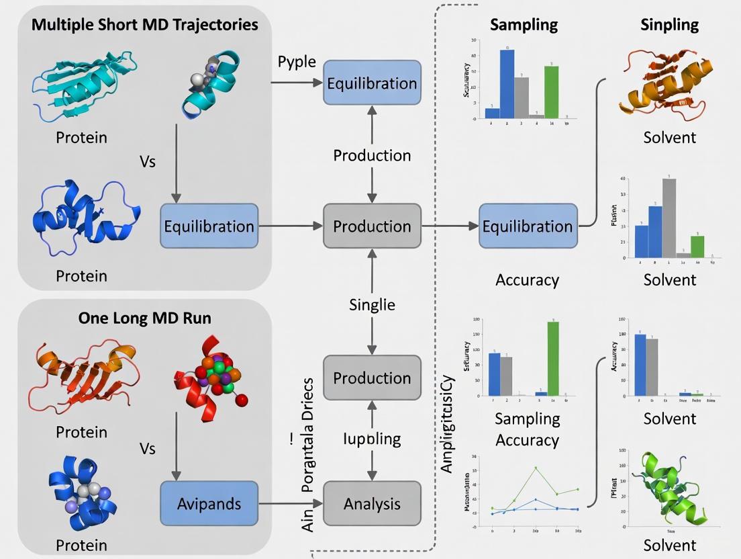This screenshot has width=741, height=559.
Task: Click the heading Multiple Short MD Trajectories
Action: (x=144, y=25)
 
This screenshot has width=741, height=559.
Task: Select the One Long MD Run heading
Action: (x=144, y=318)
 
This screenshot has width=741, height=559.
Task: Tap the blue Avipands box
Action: (x=209, y=503)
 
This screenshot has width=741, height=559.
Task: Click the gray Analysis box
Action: (x=372, y=503)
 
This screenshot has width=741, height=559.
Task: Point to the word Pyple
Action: (x=297, y=62)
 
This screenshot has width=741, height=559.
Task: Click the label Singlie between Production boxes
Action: (x=372, y=304)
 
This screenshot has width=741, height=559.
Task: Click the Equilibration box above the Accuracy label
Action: (x=528, y=226)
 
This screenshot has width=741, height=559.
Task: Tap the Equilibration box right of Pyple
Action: (x=372, y=83)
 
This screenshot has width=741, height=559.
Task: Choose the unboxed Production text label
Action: (x=372, y=155)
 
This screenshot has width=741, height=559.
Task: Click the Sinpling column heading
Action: (x=669, y=25)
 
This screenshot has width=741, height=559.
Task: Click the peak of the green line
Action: (x=536, y=468)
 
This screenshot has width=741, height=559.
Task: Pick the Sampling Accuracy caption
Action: (x=527, y=429)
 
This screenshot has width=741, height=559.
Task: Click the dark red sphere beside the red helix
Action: (x=242, y=400)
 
